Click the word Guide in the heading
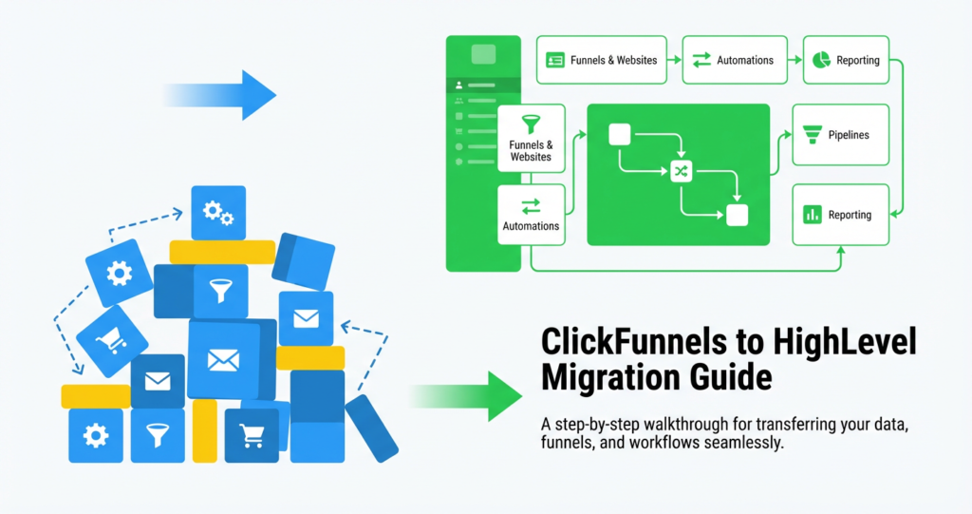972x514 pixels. pyautogui.click(x=730, y=378)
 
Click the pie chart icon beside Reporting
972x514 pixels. pyautogui.click(x=817, y=60)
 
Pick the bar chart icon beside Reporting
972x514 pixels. pyautogui.click(x=812, y=215)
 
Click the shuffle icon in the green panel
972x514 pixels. pyautogui.click(x=681, y=171)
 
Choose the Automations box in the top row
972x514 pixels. pyautogui.click(x=734, y=60)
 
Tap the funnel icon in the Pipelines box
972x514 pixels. pyautogui.click(x=812, y=135)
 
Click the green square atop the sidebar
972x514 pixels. pyautogui.click(x=483, y=55)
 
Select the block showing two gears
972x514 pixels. pyautogui.click(x=218, y=213)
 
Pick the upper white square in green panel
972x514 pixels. pyautogui.click(x=619, y=134)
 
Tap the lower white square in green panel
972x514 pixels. pyautogui.click(x=737, y=215)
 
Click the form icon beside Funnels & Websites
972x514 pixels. pyautogui.click(x=554, y=60)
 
